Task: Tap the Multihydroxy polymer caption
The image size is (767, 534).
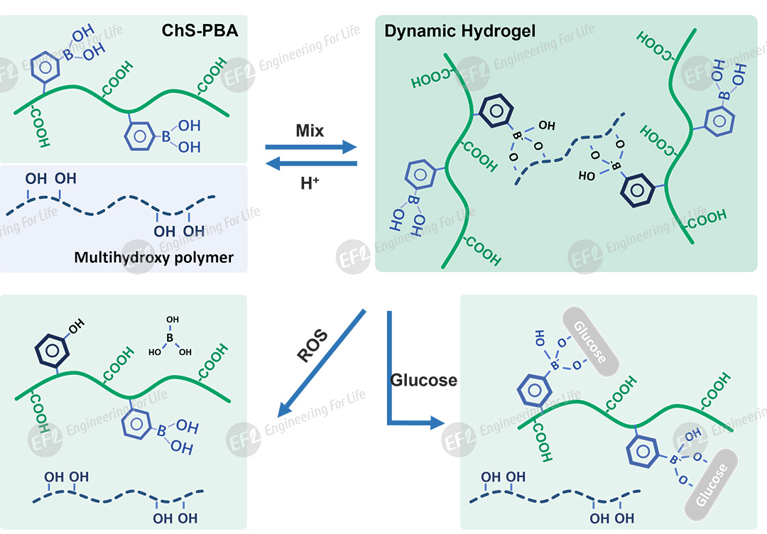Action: click(x=153, y=257)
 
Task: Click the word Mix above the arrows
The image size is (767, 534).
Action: click(x=310, y=131)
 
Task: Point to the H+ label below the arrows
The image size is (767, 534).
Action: click(x=310, y=183)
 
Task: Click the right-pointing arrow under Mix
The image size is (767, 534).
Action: click(x=310, y=147)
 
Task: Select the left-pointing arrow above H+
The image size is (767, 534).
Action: click(x=310, y=164)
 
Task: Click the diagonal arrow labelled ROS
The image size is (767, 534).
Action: click(x=321, y=362)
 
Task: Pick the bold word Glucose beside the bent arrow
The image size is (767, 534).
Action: click(x=423, y=380)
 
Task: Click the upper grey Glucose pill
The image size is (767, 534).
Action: click(x=591, y=341)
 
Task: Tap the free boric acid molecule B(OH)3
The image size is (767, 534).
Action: click(x=169, y=339)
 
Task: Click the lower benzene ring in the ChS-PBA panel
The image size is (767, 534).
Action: click(x=138, y=136)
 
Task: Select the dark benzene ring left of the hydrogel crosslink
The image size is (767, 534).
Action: click(x=495, y=111)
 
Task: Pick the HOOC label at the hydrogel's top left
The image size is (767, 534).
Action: click(x=431, y=79)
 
